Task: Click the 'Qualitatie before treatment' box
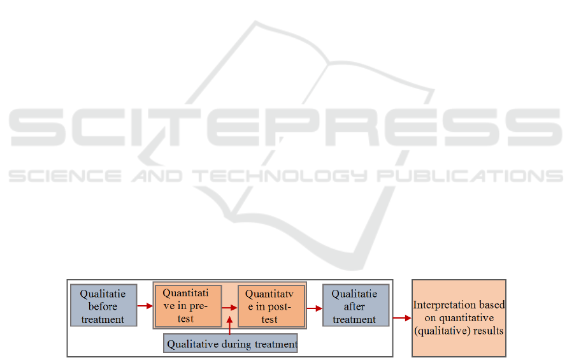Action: coord(103,305)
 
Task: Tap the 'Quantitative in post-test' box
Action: coord(271,306)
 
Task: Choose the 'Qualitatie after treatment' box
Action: coord(355,305)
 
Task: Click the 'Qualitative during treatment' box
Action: coord(231,343)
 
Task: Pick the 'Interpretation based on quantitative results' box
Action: coord(459,317)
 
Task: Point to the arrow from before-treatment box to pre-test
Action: coord(145,306)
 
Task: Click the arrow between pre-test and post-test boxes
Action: coord(229,307)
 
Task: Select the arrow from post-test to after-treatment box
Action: coord(314,308)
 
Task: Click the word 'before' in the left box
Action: coord(103,306)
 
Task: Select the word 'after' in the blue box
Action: coord(355,306)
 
